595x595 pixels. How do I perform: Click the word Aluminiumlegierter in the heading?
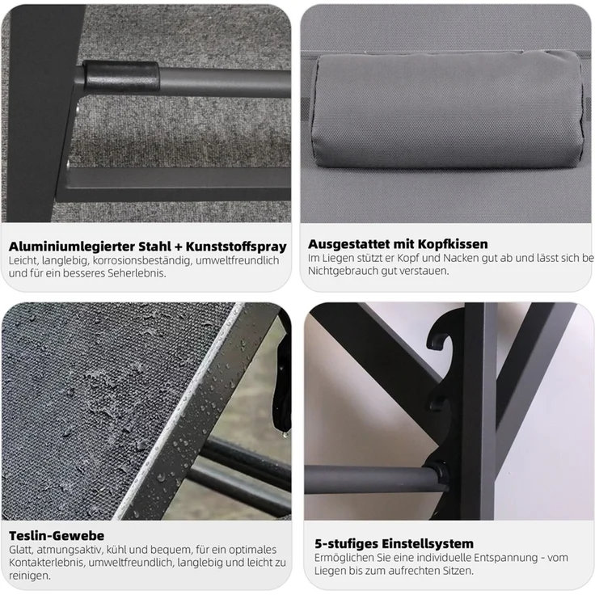72,247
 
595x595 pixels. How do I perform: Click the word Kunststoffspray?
236,247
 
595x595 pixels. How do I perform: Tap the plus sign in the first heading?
179,247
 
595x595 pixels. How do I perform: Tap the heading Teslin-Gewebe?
57,536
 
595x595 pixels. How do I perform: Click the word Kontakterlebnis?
47,563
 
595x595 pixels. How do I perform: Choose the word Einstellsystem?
428,544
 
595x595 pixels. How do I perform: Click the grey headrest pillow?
448,110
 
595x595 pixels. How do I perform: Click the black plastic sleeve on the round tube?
120,76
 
